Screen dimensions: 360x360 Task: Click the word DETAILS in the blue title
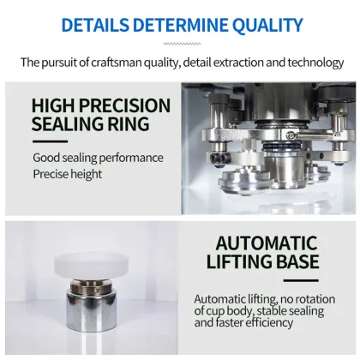[x=95, y=25]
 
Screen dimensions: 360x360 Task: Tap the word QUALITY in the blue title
[x=267, y=26]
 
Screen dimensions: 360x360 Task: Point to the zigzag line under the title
[x=182, y=44]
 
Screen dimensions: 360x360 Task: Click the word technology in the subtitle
[x=315, y=63]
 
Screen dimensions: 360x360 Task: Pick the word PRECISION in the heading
[x=124, y=105]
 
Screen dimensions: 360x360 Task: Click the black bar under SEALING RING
[x=50, y=141]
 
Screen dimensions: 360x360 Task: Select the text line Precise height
[x=68, y=174]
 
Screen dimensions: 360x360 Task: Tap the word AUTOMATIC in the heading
[x=267, y=243]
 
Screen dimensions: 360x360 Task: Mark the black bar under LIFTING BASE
[x=301, y=280]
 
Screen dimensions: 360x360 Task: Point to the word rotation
[x=315, y=299]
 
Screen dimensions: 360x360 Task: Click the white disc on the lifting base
[x=92, y=266]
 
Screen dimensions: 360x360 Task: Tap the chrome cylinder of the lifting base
[x=92, y=312]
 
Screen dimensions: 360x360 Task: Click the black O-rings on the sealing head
[x=281, y=146]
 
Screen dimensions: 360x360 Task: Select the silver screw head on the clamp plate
[x=291, y=134]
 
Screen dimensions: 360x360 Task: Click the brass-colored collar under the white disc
[x=91, y=286]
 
